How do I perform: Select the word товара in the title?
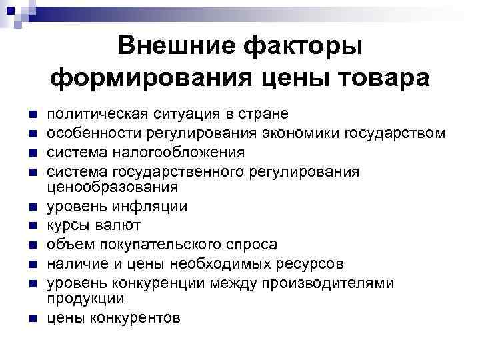pyautogui.click(x=375, y=79)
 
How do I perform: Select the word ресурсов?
pyautogui.click(x=313, y=263)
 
